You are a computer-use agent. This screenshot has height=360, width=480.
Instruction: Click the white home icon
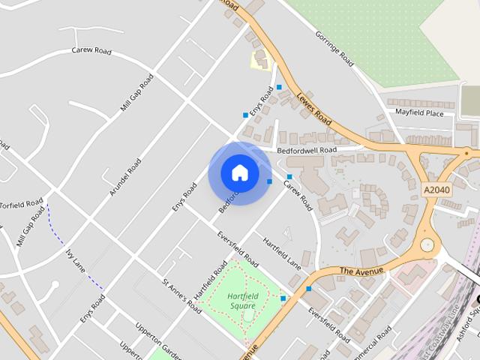point(239,172)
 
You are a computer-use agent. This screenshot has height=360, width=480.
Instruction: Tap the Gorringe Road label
point(334,49)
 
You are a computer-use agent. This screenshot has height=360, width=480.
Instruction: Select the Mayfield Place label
point(420,113)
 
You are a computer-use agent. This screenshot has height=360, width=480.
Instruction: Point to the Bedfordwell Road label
point(307,150)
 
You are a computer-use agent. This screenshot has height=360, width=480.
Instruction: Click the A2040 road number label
point(436,190)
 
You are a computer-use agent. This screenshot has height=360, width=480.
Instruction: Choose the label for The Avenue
point(361,270)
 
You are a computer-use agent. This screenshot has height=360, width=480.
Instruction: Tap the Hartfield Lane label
point(281,253)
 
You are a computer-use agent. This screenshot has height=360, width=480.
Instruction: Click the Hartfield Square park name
point(241,301)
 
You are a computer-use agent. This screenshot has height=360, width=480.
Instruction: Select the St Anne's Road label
point(182,295)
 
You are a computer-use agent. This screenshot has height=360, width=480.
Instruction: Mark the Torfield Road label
point(22,204)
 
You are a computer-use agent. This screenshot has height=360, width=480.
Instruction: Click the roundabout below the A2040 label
point(427,244)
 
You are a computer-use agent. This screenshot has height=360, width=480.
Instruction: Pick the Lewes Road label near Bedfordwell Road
point(313,106)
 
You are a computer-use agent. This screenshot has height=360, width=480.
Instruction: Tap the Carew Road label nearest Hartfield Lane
point(297,193)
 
